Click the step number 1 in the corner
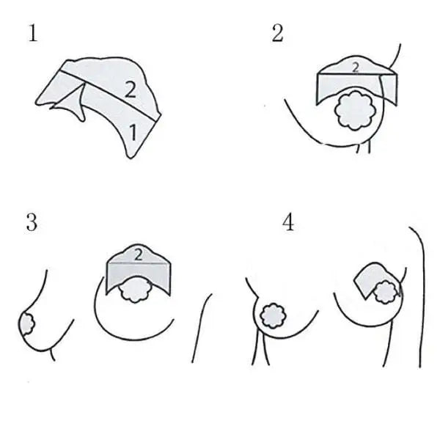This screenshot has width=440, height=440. pos(33,33)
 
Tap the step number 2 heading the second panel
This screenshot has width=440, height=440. pos(277,33)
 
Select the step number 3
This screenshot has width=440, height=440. pos(32,222)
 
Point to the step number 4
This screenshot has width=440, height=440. pos(288,221)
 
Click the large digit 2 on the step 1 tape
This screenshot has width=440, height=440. pos(130,89)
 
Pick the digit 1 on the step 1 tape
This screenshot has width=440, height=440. pos(133,133)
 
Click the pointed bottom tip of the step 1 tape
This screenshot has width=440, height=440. pos(131,158)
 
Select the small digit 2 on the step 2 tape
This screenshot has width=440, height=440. pos(356,67)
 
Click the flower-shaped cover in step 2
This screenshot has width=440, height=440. pos(355,111)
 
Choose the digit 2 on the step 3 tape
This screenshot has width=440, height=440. pos(139,254)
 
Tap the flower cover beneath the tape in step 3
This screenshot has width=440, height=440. pos(136,290)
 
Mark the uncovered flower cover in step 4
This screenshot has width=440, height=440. pos(273,315)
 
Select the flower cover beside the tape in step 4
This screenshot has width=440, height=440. pos(386,293)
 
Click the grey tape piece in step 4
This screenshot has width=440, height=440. pos(370,278)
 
